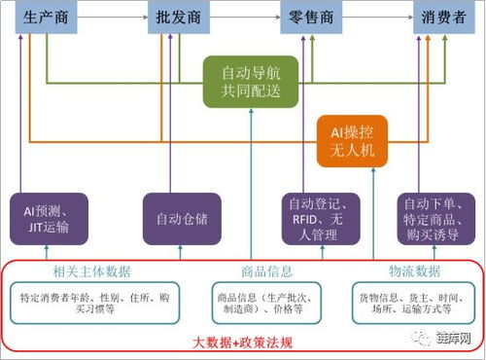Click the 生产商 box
(47, 19)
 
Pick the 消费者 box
(443, 19)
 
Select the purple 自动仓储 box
(181, 218)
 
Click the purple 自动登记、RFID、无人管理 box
(313, 218)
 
